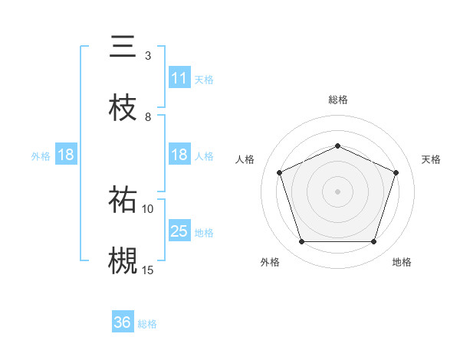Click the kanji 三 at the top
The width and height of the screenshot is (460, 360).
[123, 47]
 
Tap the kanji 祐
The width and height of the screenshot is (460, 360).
[123, 201]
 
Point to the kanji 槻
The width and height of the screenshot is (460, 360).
[123, 259]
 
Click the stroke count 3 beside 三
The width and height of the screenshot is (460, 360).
[148, 56]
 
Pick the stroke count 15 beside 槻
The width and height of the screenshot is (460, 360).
[148, 269]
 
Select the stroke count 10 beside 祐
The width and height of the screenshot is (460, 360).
[148, 208]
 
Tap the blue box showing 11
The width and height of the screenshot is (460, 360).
[179, 78]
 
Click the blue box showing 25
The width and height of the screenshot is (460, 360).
[179, 231]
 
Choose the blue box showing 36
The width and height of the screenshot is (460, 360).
[123, 323]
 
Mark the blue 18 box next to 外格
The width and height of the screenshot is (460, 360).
[65, 155]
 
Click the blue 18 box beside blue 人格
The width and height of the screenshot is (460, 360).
[179, 155]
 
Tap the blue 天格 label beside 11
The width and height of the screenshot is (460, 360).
[204, 79]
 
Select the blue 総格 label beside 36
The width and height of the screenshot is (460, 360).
[148, 324]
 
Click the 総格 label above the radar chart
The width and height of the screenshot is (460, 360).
[337, 100]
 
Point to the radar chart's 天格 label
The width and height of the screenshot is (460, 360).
[431, 159]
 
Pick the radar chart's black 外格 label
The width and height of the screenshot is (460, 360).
[270, 262]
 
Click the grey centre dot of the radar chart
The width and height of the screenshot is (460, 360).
[337, 191]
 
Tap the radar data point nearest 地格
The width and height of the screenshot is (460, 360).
[374, 242]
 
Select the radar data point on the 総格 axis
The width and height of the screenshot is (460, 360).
[337, 146]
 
